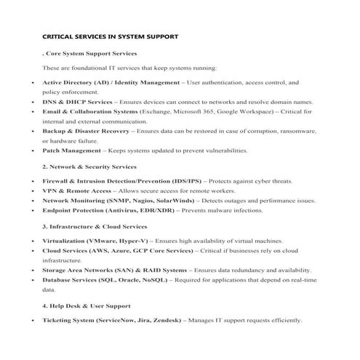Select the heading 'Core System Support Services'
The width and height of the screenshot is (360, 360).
(92, 53)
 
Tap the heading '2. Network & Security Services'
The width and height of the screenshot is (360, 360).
(89, 167)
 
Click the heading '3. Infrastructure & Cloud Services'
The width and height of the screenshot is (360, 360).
(95, 226)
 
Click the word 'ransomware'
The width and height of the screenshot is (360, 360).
(297, 131)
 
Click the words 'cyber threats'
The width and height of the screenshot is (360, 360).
(271, 180)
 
